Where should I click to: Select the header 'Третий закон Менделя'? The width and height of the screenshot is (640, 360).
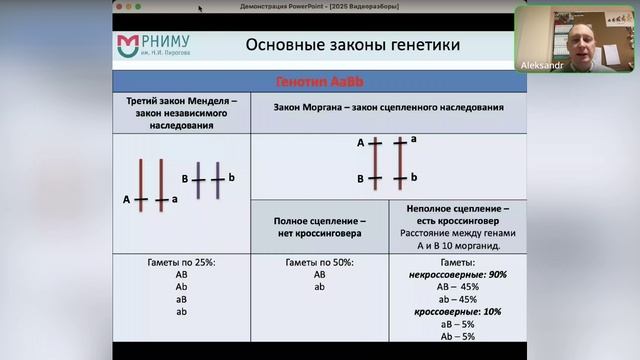click(x=181, y=102)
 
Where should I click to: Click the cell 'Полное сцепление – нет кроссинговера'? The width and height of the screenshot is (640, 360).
click(x=319, y=226)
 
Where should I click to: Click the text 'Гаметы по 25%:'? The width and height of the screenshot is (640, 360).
click(x=181, y=261)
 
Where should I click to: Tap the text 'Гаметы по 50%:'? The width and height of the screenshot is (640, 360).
click(x=319, y=261)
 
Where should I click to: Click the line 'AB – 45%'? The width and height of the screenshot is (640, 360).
click(x=457, y=286)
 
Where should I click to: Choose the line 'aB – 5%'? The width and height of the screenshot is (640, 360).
click(x=457, y=324)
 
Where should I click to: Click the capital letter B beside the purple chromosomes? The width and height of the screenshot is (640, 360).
click(x=185, y=179)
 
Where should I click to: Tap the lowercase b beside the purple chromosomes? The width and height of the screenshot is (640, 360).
click(x=231, y=178)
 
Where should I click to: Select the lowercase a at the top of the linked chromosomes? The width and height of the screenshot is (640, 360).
click(x=414, y=138)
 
